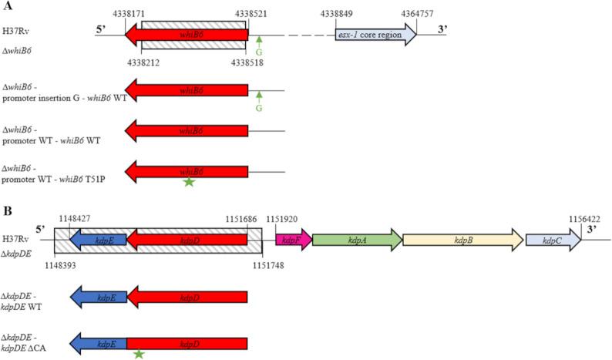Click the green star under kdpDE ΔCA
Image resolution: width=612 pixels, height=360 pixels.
[139, 354]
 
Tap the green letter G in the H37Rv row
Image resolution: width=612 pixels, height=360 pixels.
[259, 52]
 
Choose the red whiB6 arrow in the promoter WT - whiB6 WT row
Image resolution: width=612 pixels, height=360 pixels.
[186, 133]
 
